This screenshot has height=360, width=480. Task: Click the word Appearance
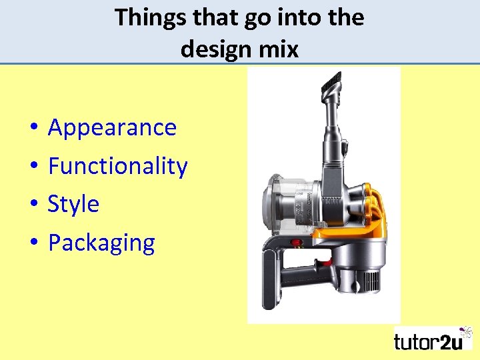click(112, 127)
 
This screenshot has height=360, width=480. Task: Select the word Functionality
click(118, 165)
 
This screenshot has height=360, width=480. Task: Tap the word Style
click(73, 203)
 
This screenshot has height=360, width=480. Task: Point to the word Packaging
click(101, 243)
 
